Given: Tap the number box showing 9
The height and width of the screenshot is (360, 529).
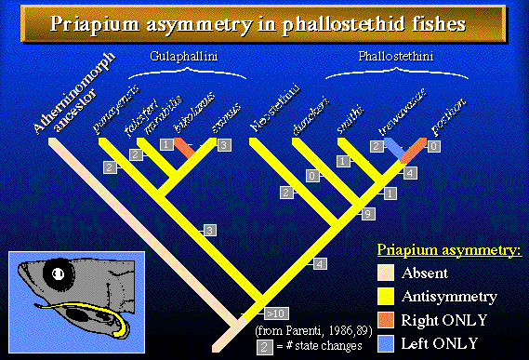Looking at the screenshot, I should [x=368, y=214].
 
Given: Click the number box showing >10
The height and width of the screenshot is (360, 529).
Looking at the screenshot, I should [x=276, y=312].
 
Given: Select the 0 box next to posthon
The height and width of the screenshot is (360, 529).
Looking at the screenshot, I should [x=434, y=146].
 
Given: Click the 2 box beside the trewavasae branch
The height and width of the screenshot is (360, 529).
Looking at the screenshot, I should [x=377, y=146].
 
